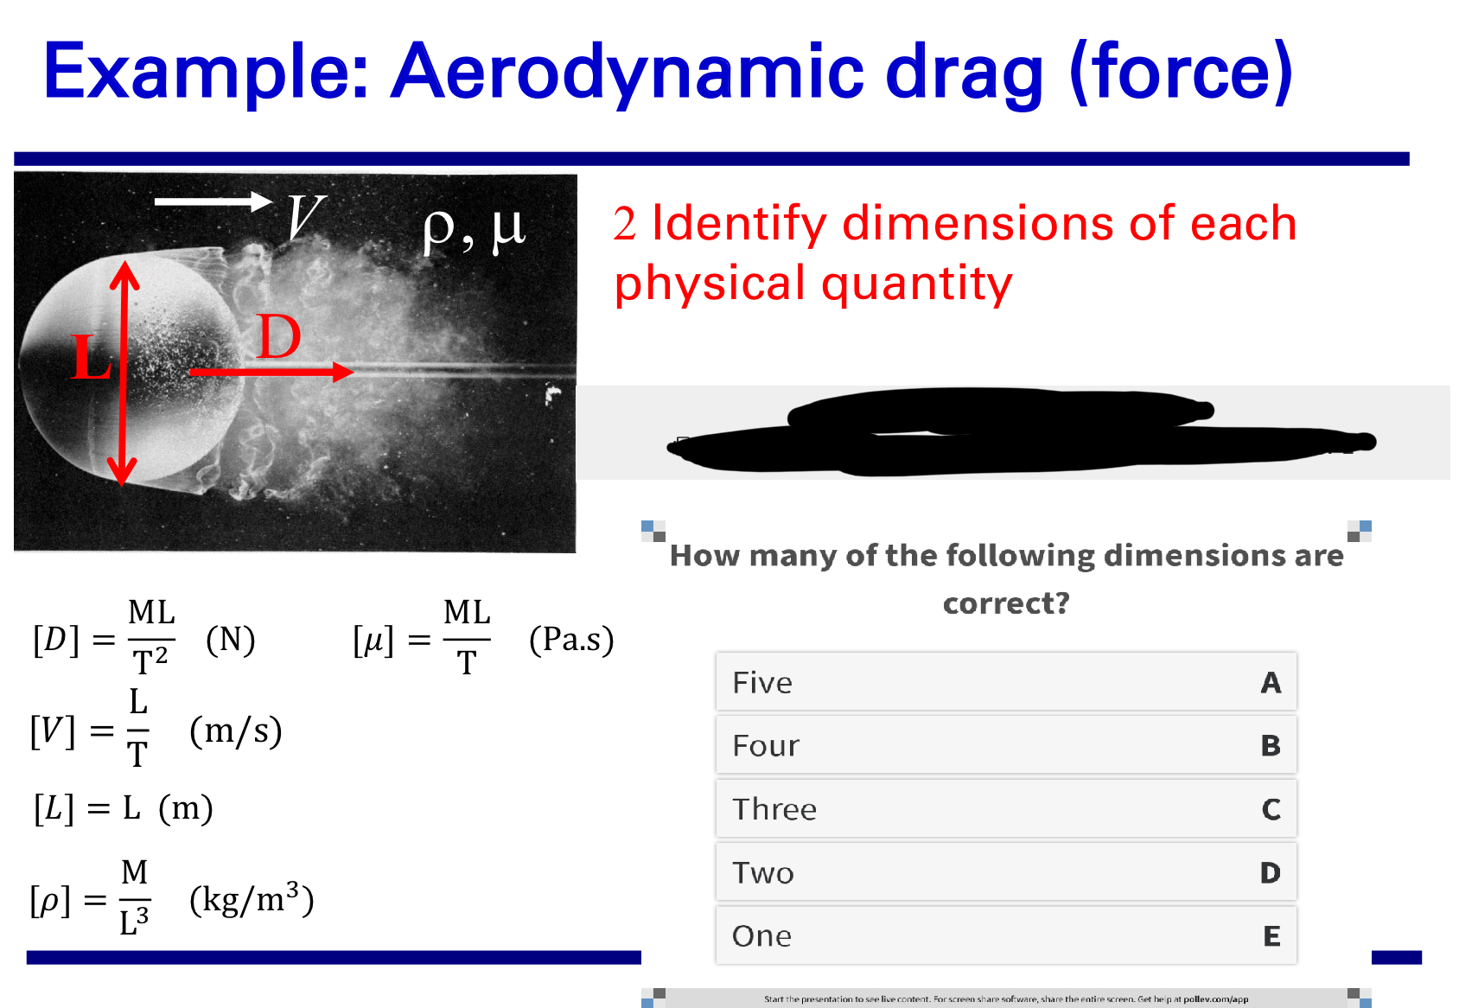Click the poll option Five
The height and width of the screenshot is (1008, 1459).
point(1005,682)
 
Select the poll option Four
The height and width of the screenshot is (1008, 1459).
point(1005,745)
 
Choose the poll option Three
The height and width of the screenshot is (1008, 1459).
point(1005,809)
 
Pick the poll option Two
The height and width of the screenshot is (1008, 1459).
point(1005,872)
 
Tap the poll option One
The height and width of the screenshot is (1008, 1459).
point(1005,935)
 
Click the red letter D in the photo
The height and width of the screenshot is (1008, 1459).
point(279,337)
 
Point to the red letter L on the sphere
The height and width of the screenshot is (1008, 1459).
point(91,357)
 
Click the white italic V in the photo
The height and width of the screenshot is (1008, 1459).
point(306,217)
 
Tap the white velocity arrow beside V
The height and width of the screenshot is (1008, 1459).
point(213,201)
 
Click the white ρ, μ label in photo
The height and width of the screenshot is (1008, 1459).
point(474,229)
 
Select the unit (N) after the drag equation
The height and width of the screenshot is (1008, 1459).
point(231,640)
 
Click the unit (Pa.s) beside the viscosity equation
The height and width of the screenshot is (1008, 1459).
point(571,640)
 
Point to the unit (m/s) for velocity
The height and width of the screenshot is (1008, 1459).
point(236,731)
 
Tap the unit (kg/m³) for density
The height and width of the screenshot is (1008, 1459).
point(252,899)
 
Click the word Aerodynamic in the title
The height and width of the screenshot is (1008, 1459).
point(628,73)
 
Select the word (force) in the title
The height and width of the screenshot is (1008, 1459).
point(1181,73)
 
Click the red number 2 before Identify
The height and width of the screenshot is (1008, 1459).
point(624,224)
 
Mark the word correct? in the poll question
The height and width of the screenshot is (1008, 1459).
point(1006,603)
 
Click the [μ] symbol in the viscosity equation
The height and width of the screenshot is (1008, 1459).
point(373,641)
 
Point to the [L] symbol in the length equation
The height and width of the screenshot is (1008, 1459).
point(54,808)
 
